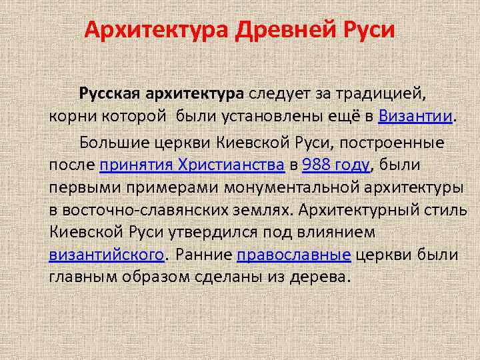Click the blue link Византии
(415, 117)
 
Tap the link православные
(294, 255)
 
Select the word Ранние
(204, 255)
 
